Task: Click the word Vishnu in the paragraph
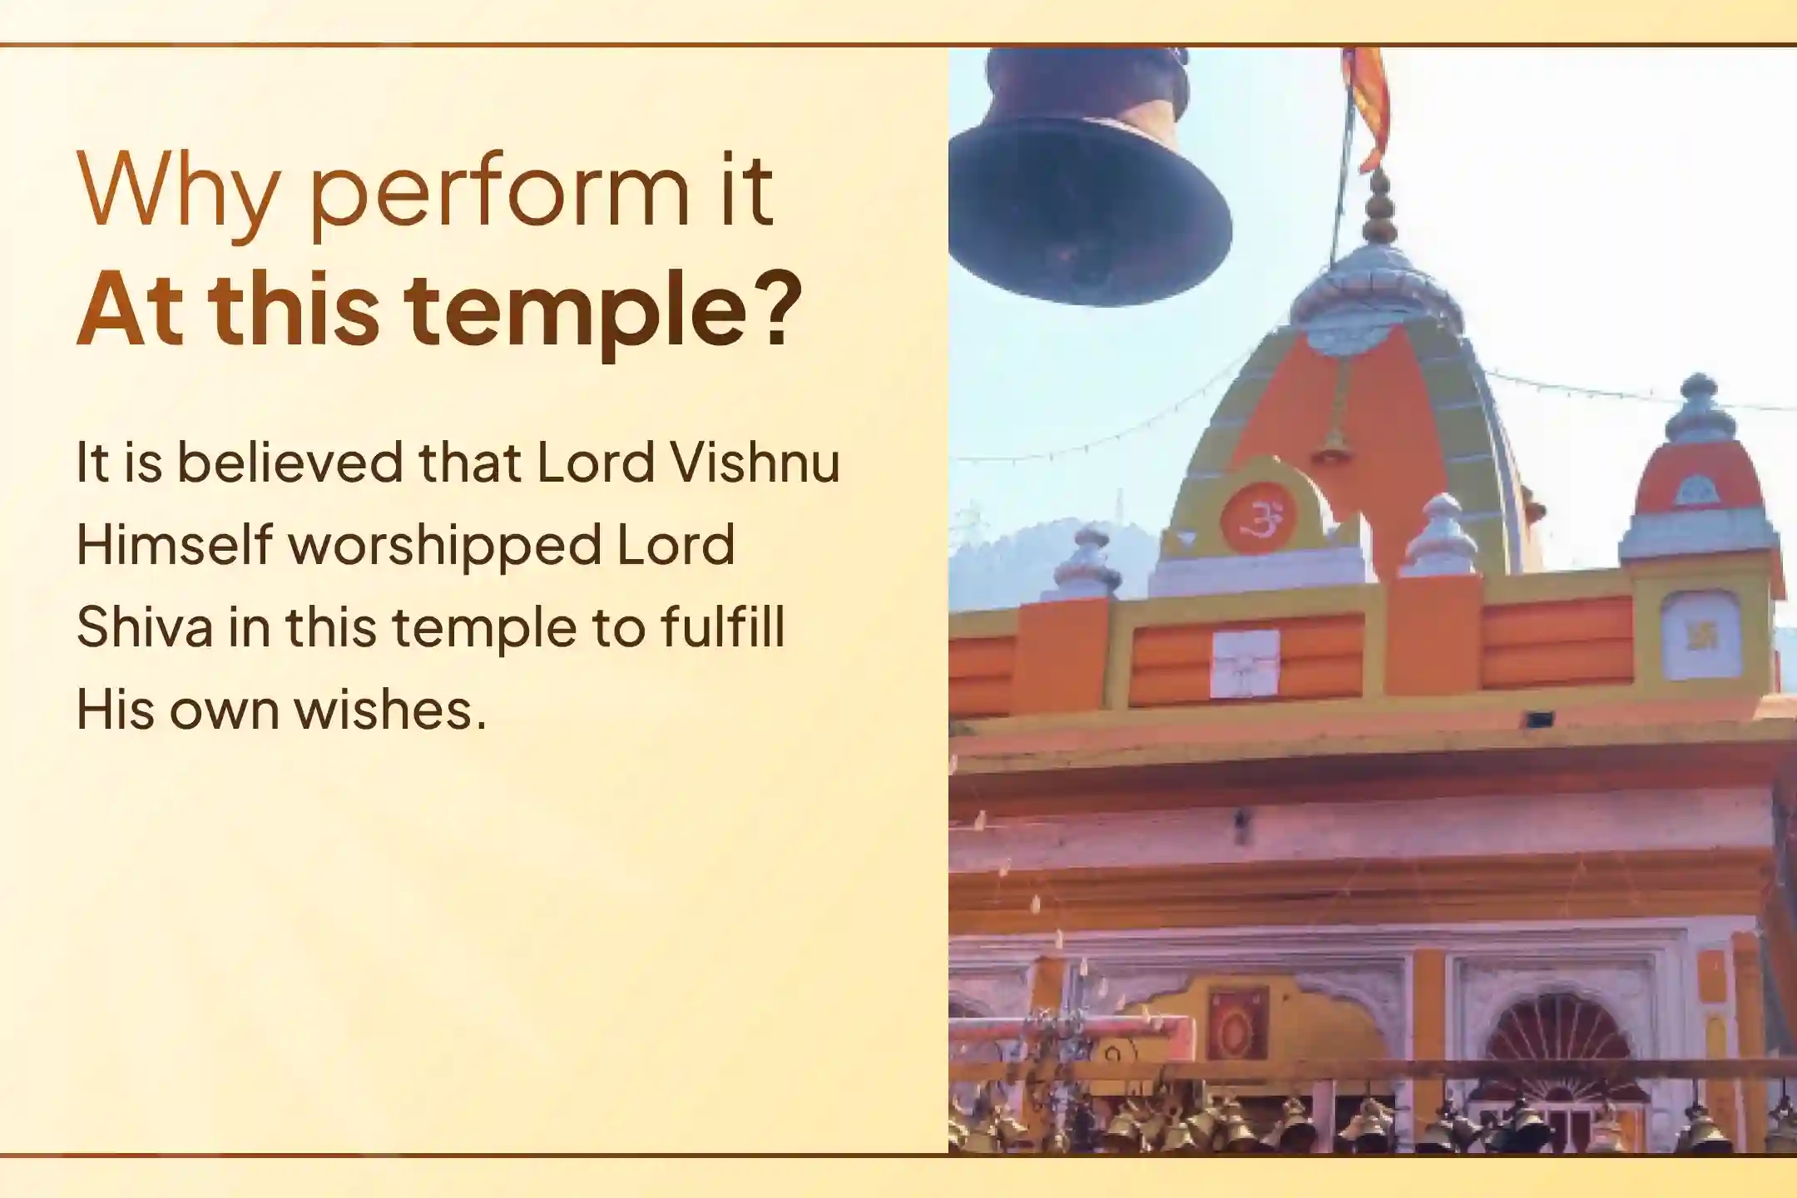[x=755, y=463]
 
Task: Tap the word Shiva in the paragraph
[x=145, y=627]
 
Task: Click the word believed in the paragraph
[x=290, y=463]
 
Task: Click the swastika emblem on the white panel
[x=1700, y=636]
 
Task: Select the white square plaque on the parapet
[x=1245, y=663]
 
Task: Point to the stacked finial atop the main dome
[x=1379, y=208]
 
